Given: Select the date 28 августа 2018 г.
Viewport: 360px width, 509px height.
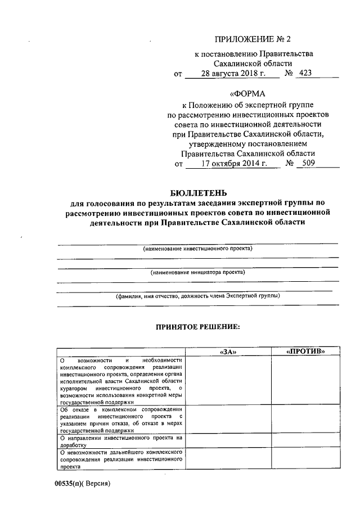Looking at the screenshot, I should click(232, 73).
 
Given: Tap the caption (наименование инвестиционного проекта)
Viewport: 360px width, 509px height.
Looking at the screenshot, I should click(197, 248).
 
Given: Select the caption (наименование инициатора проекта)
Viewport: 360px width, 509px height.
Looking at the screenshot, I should click(197, 272).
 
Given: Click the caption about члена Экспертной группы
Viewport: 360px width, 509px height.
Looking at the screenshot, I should click(197, 296).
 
